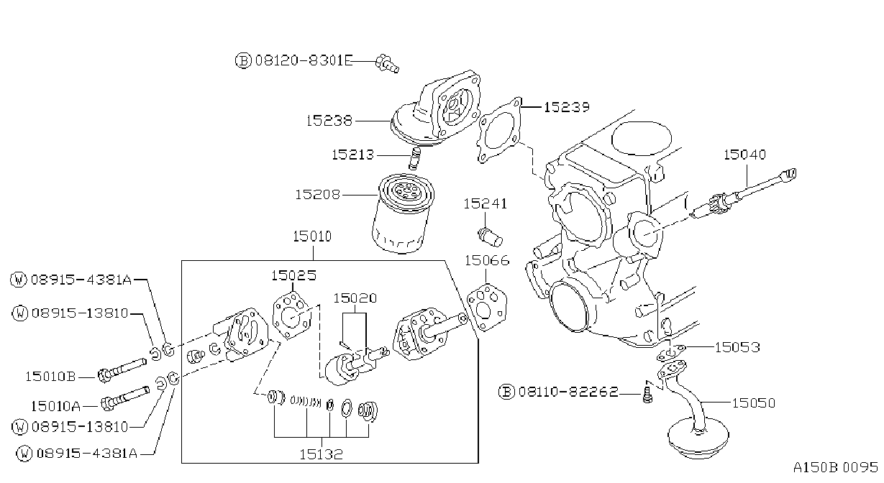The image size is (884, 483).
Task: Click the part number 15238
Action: coord(329,121)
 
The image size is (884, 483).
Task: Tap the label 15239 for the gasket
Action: coord(567,107)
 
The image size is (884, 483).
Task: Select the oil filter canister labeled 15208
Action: coord(402,213)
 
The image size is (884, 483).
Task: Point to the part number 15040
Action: coord(744,154)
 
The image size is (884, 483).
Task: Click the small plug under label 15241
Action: coord(490,236)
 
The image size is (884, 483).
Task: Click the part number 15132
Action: coord(321,454)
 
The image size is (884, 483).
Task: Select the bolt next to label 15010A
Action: coord(125,398)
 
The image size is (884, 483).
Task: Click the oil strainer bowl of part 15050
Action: coord(698,438)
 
